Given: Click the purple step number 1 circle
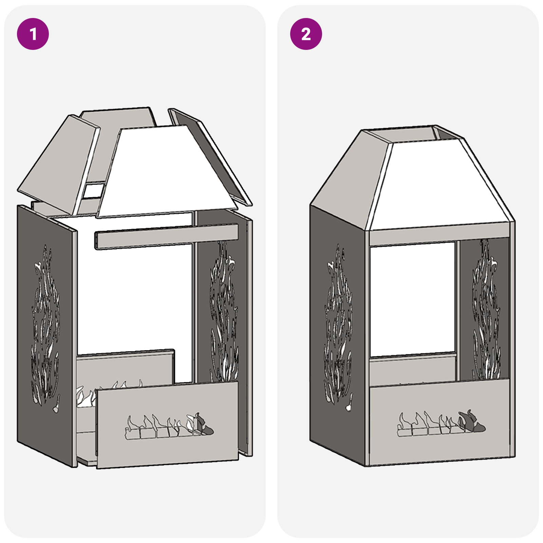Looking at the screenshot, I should click(x=33, y=34).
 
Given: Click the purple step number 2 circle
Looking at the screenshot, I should click(x=306, y=34).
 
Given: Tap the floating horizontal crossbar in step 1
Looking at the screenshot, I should click(x=166, y=236).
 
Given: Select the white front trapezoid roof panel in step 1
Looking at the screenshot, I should click(x=166, y=173).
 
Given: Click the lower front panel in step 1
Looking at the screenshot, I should click(x=166, y=448).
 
